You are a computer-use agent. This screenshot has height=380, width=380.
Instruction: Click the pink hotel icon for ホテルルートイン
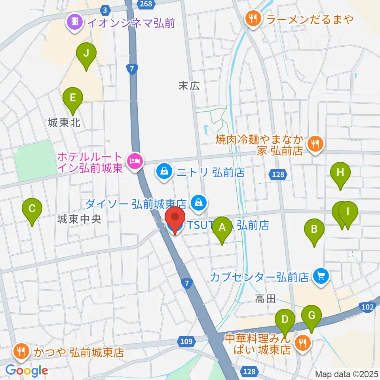pyautogui.click(x=134, y=161)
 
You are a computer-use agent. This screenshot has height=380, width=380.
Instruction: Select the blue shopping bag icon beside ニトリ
pyautogui.click(x=163, y=171)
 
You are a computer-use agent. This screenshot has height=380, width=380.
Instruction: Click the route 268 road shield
pyautogui.click(x=144, y=3)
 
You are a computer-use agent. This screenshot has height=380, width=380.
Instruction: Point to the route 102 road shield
pyautogui.click(x=368, y=307)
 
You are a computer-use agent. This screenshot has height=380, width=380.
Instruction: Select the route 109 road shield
pyautogui.click(x=188, y=341)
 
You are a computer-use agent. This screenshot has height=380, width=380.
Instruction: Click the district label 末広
pyautogui.click(x=189, y=85)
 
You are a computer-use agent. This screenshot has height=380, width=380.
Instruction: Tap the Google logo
pyautogui.click(x=27, y=371)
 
